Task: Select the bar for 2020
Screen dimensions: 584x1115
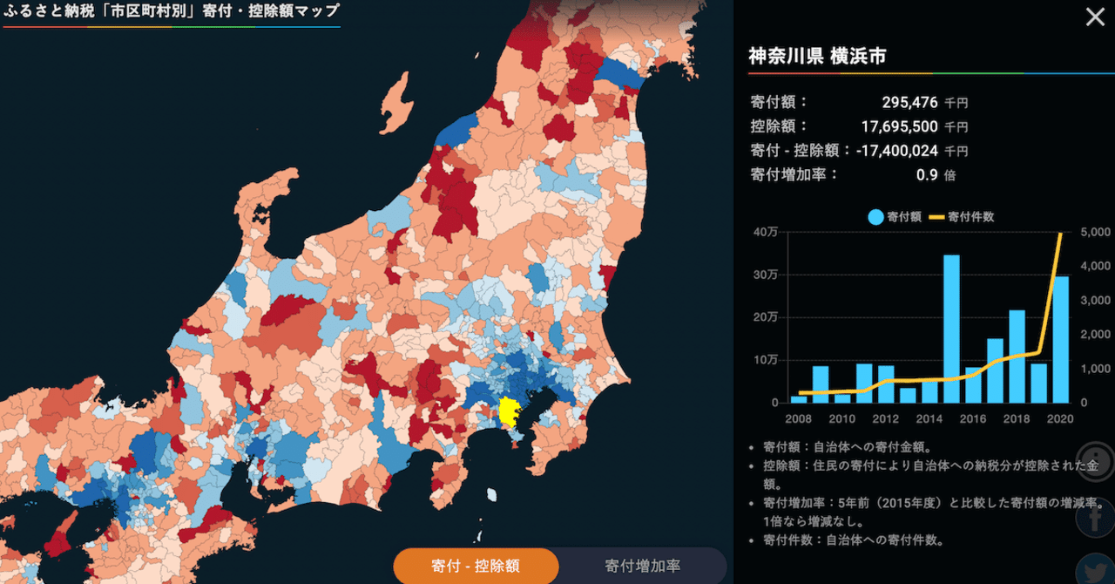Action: (1060, 339)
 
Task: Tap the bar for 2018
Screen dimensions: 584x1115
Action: (1017, 357)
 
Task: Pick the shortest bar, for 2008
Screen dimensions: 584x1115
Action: (799, 399)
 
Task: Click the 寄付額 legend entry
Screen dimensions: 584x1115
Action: (895, 217)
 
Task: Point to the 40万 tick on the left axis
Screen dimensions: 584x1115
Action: (767, 232)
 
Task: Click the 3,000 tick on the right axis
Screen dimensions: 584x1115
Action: (1095, 300)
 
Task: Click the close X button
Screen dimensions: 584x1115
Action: (1093, 17)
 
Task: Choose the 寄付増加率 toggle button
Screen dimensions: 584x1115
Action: (643, 566)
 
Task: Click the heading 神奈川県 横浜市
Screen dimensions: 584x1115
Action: (817, 57)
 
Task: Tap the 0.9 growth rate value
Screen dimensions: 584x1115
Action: (927, 174)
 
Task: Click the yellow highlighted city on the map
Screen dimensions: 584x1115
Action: (508, 411)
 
